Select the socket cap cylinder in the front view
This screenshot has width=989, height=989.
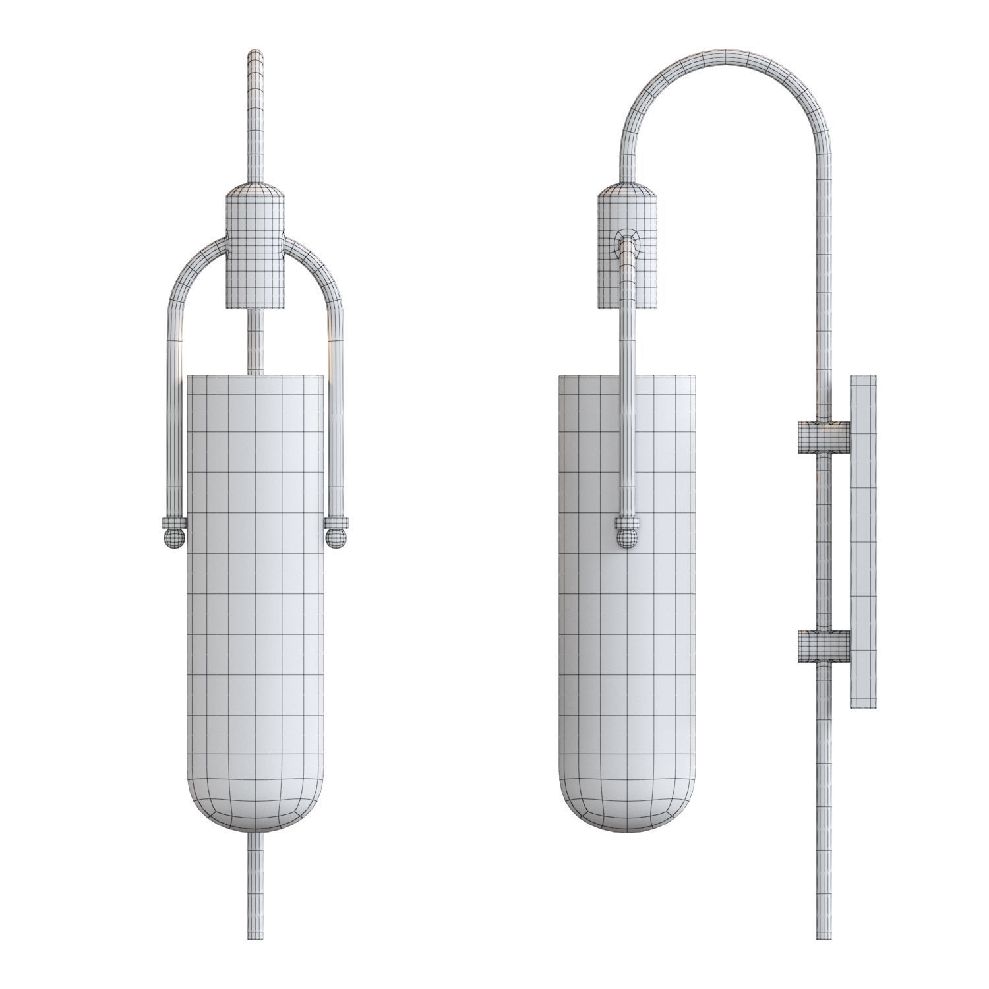[x=255, y=251]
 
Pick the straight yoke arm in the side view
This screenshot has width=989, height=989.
[x=627, y=396]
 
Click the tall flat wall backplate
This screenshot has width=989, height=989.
[x=863, y=541]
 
